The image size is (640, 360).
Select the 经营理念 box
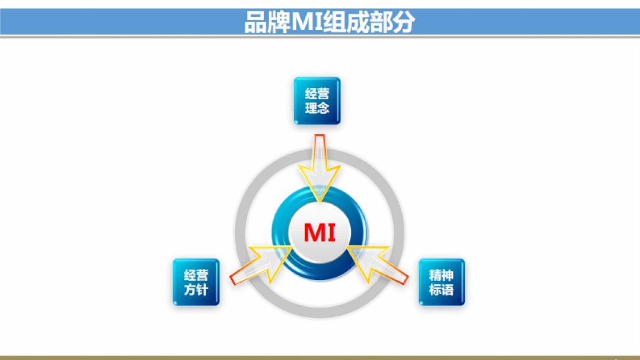[x=317, y=101]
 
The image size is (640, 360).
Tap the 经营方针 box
[x=196, y=282]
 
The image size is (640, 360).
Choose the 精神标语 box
[x=442, y=282]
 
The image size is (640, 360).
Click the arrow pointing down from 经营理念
[x=319, y=171]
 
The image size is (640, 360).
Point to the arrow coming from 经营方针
[x=261, y=265]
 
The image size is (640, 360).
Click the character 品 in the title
[x=255, y=23]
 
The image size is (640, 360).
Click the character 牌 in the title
[x=277, y=23]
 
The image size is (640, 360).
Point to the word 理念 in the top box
[x=317, y=108]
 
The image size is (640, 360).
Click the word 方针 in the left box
[x=196, y=290]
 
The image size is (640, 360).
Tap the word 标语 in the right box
[x=442, y=290]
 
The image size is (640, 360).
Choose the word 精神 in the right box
[x=442, y=275]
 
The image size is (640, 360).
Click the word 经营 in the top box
[x=317, y=94]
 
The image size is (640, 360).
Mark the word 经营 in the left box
[x=196, y=275]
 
